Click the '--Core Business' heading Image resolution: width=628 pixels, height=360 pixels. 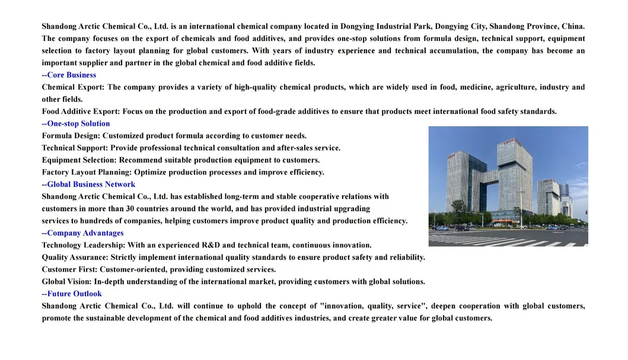click(x=69, y=75)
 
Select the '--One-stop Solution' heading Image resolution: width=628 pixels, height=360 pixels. click(x=76, y=124)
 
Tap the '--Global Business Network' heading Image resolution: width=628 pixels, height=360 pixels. click(x=88, y=184)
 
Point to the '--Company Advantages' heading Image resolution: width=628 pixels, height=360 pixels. click(x=82, y=233)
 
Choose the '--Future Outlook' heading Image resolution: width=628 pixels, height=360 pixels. click(x=72, y=294)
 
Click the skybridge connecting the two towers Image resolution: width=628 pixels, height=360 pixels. click(x=492, y=176)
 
